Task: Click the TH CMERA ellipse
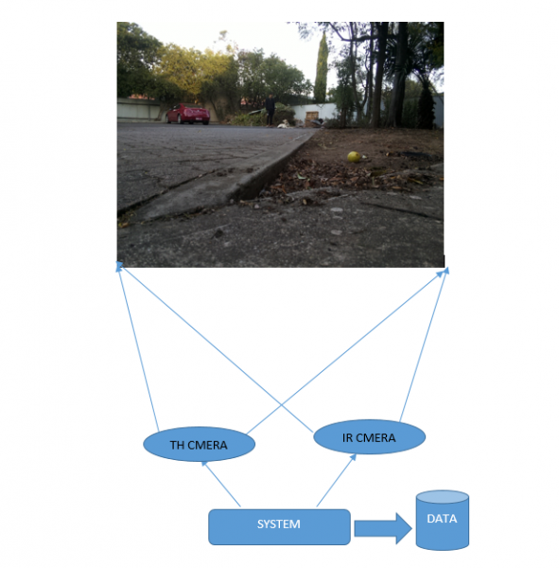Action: pyautogui.click(x=200, y=444)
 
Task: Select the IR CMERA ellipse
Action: pyautogui.click(x=369, y=436)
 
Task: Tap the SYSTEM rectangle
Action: pyautogui.click(x=279, y=527)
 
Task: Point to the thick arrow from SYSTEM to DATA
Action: pyautogui.click(x=383, y=528)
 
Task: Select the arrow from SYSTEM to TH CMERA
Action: pyautogui.click(x=220, y=484)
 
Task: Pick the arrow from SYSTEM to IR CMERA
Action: pyautogui.click(x=337, y=480)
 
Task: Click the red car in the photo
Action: pyautogui.click(x=188, y=114)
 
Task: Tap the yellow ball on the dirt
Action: pyautogui.click(x=354, y=157)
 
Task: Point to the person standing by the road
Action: pyautogui.click(x=271, y=111)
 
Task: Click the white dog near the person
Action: pyautogui.click(x=284, y=124)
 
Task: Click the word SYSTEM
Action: pyautogui.click(x=279, y=524)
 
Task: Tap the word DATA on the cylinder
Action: pyautogui.click(x=442, y=519)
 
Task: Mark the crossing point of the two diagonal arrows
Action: pyautogui.click(x=282, y=405)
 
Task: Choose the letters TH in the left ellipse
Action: pyautogui.click(x=177, y=445)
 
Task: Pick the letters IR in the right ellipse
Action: pyautogui.click(x=347, y=438)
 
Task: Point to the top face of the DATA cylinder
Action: pyautogui.click(x=443, y=497)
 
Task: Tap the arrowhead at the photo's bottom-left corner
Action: pyautogui.click(x=119, y=266)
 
